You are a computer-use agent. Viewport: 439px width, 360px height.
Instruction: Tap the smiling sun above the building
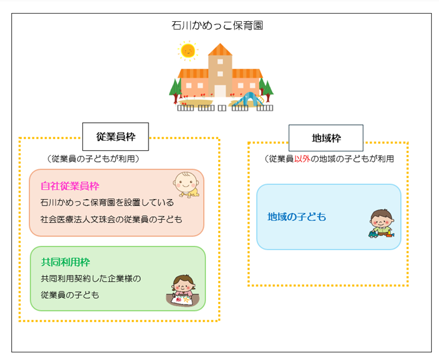tap(188, 51)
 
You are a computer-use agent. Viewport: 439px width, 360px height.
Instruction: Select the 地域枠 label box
tap(325, 138)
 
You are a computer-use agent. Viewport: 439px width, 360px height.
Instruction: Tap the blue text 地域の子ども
tap(296, 217)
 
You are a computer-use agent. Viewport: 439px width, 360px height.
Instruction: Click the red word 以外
tap(302, 159)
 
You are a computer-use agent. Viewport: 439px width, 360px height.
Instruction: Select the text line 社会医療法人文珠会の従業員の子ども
tap(111, 219)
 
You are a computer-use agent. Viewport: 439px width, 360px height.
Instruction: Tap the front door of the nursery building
tap(220, 90)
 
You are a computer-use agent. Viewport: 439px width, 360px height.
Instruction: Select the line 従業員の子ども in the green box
tap(70, 294)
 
